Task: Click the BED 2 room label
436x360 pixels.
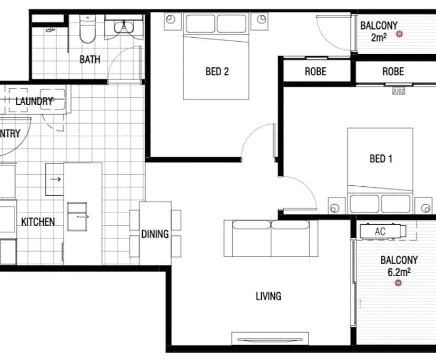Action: coord(217,72)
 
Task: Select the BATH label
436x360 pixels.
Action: coord(90,59)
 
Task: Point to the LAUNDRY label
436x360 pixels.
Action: coord(34,101)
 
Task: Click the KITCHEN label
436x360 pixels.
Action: coord(38,222)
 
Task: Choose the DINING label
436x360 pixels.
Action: coord(155,234)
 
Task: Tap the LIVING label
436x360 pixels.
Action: coord(268,296)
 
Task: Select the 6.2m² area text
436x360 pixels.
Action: coord(399,272)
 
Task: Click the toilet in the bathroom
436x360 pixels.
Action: coord(87,29)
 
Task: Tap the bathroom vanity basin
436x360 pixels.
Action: coord(124,26)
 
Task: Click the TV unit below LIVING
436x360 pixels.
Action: coord(269,338)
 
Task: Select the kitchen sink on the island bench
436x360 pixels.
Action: coord(78,215)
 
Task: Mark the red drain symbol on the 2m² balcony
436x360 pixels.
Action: coord(400,34)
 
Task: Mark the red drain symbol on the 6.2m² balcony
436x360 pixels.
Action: coord(398,284)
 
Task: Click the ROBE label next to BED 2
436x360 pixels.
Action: coord(315,72)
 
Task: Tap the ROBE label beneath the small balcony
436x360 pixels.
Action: coord(393,72)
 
